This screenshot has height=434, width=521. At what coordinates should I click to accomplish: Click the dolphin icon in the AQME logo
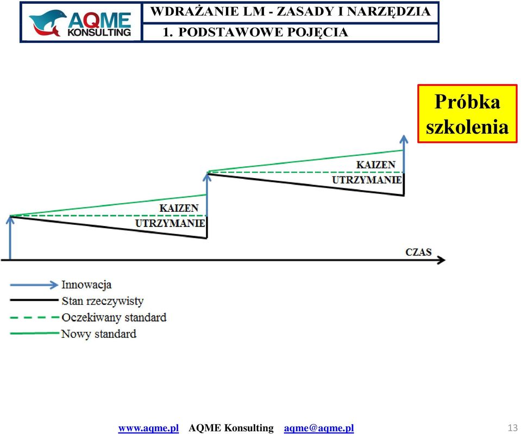[x=47, y=23]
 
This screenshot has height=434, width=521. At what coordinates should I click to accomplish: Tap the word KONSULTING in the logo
[x=99, y=32]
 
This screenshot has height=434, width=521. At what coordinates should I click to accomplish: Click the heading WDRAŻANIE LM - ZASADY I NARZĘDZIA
[x=291, y=11]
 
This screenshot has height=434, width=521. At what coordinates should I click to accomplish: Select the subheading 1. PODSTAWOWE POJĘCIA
[x=255, y=32]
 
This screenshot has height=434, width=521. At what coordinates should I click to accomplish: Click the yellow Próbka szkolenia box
[x=467, y=114]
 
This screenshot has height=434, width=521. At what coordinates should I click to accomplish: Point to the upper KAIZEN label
[x=376, y=165]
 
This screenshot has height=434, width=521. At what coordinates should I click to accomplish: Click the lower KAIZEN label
[x=179, y=208]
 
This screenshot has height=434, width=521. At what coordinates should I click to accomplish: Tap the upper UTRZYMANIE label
[x=367, y=180]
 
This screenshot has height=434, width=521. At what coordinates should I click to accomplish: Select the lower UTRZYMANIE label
[x=170, y=223]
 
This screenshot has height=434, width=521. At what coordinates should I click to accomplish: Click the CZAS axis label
[x=418, y=252]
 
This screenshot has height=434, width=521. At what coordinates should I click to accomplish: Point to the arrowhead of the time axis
[x=442, y=260]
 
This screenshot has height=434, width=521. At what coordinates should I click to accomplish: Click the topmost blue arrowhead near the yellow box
[x=404, y=139]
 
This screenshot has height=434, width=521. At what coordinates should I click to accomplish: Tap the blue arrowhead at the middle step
[x=207, y=177]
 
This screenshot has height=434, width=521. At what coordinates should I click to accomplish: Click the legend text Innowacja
[x=86, y=285]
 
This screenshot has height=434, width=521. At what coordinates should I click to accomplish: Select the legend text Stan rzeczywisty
[x=103, y=301]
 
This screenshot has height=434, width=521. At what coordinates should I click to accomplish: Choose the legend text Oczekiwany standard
[x=114, y=317]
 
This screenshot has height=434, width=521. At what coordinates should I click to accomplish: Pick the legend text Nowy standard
[x=99, y=334]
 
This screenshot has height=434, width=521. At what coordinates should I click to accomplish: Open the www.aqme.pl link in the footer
[x=148, y=428]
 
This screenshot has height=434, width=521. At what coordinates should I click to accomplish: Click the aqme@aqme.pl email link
[x=319, y=428]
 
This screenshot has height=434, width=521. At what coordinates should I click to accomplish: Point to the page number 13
[x=512, y=427]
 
